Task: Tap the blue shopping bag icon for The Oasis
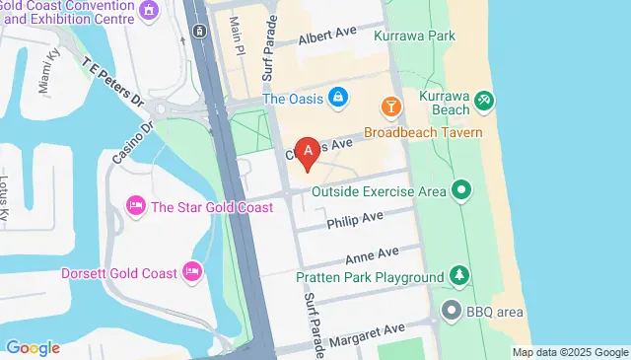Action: pos(338,97)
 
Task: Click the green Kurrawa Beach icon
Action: pos(483,100)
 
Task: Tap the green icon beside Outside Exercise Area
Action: pos(461,190)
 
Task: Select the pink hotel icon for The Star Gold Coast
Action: pos(135,206)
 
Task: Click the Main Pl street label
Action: pos(237,35)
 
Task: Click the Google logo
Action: pos(33,347)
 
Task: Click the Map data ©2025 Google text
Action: pos(570,352)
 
